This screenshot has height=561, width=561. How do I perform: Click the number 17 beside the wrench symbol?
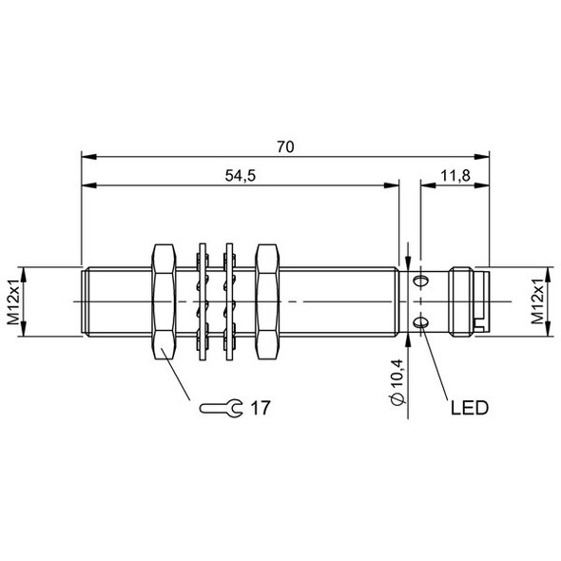point(261,409)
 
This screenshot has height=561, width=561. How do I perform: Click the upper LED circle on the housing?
point(421,280)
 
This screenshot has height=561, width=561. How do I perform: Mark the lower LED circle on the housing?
point(421,325)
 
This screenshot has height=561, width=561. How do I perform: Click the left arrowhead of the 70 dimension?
point(87,158)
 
